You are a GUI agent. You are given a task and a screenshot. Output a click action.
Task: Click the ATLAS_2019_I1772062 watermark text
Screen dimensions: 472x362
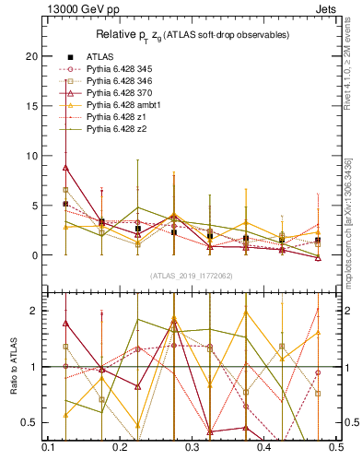[x=191, y=276]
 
